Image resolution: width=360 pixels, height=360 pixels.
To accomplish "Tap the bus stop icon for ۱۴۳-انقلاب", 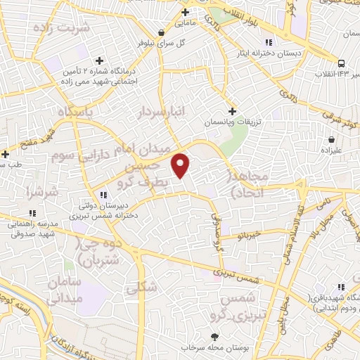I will [341, 63].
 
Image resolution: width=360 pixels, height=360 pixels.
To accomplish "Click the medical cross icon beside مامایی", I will [185, 12].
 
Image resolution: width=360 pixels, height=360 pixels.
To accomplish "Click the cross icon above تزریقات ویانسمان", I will [233, 110].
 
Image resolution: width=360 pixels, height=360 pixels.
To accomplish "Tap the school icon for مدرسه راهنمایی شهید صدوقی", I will [32, 213].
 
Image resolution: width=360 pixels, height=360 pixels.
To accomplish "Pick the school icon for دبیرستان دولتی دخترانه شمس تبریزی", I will [103, 195].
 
